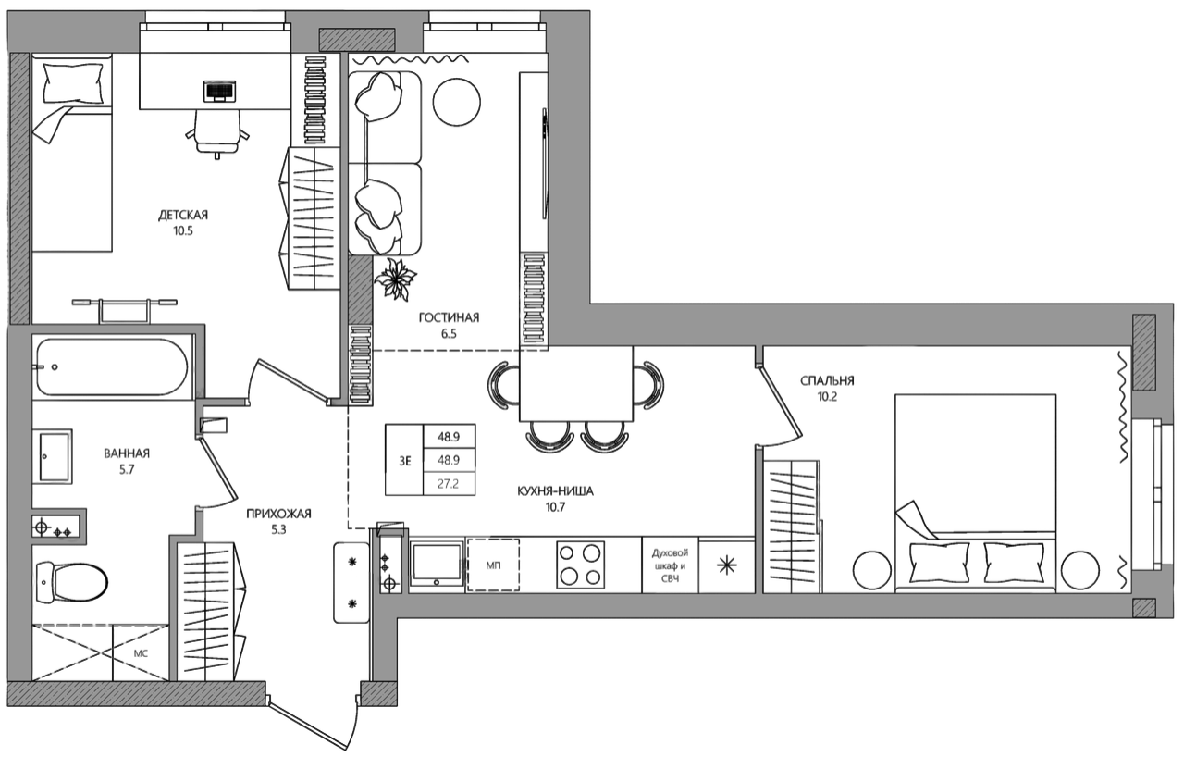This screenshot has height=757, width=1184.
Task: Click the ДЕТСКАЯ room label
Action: (183, 215)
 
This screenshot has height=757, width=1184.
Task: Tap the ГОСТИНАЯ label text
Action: (449, 317)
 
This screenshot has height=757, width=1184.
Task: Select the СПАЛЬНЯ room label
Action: (827, 380)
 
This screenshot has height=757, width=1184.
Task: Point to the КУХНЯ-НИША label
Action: (555, 491)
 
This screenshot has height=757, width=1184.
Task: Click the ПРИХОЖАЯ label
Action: (278, 514)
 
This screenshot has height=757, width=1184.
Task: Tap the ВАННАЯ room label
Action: (127, 453)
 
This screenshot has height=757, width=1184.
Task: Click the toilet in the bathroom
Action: (72, 582)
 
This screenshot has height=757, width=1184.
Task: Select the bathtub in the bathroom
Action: (112, 366)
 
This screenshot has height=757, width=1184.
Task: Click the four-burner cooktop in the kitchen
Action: (580, 565)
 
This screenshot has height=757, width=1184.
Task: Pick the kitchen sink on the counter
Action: (437, 565)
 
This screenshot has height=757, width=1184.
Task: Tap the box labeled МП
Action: (493, 565)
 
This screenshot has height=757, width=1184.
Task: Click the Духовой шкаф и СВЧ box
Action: (671, 565)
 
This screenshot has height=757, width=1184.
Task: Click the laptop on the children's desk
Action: (219, 92)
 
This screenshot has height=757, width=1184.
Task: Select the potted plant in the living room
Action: (395, 279)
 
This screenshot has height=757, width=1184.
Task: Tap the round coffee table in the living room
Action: (457, 102)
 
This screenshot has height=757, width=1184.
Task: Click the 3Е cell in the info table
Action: (405, 461)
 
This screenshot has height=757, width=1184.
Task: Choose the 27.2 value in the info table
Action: (449, 484)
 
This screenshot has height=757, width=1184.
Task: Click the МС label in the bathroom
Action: (141, 653)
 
